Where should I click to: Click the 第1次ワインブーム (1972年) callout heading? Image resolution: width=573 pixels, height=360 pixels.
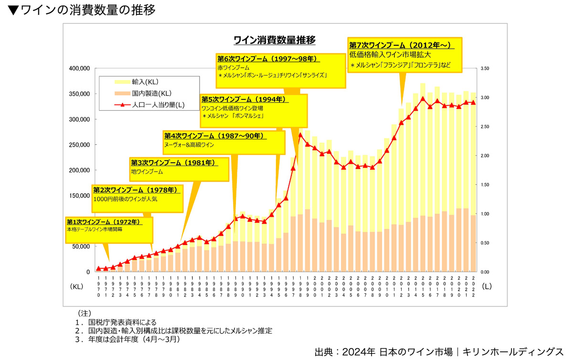103,222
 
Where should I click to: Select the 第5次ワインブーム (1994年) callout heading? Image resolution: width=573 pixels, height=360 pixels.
244,99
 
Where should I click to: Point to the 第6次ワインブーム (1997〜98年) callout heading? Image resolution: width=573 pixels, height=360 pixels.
267,59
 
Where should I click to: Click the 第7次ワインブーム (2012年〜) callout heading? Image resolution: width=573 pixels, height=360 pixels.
400,45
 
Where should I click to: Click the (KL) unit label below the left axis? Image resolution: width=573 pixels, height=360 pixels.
77,287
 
